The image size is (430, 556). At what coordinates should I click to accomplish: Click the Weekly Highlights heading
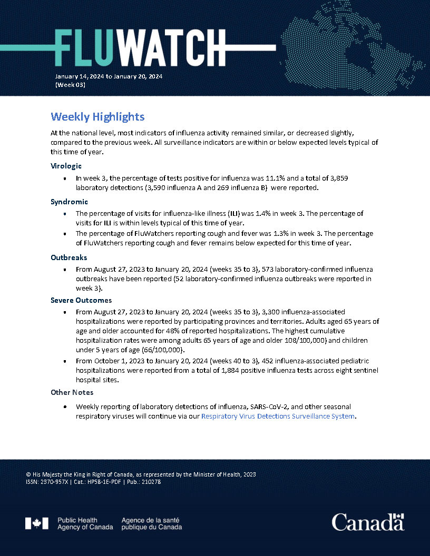pos(97,116)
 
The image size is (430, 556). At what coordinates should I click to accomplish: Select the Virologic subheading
pos(66,166)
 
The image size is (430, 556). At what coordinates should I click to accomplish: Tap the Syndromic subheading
pos(69,202)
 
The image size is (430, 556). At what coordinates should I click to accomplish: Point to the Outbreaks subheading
pos(69,257)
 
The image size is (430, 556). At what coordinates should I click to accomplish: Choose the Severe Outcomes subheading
pos(81,300)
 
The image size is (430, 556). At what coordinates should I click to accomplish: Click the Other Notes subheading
pos(73,392)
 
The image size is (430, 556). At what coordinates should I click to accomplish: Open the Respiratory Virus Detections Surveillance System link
pos(278,416)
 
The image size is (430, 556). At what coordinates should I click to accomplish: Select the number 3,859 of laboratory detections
pos(338,178)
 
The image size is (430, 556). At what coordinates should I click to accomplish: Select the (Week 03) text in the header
pos(70,85)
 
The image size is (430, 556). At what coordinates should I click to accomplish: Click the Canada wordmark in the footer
pos(368,522)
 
